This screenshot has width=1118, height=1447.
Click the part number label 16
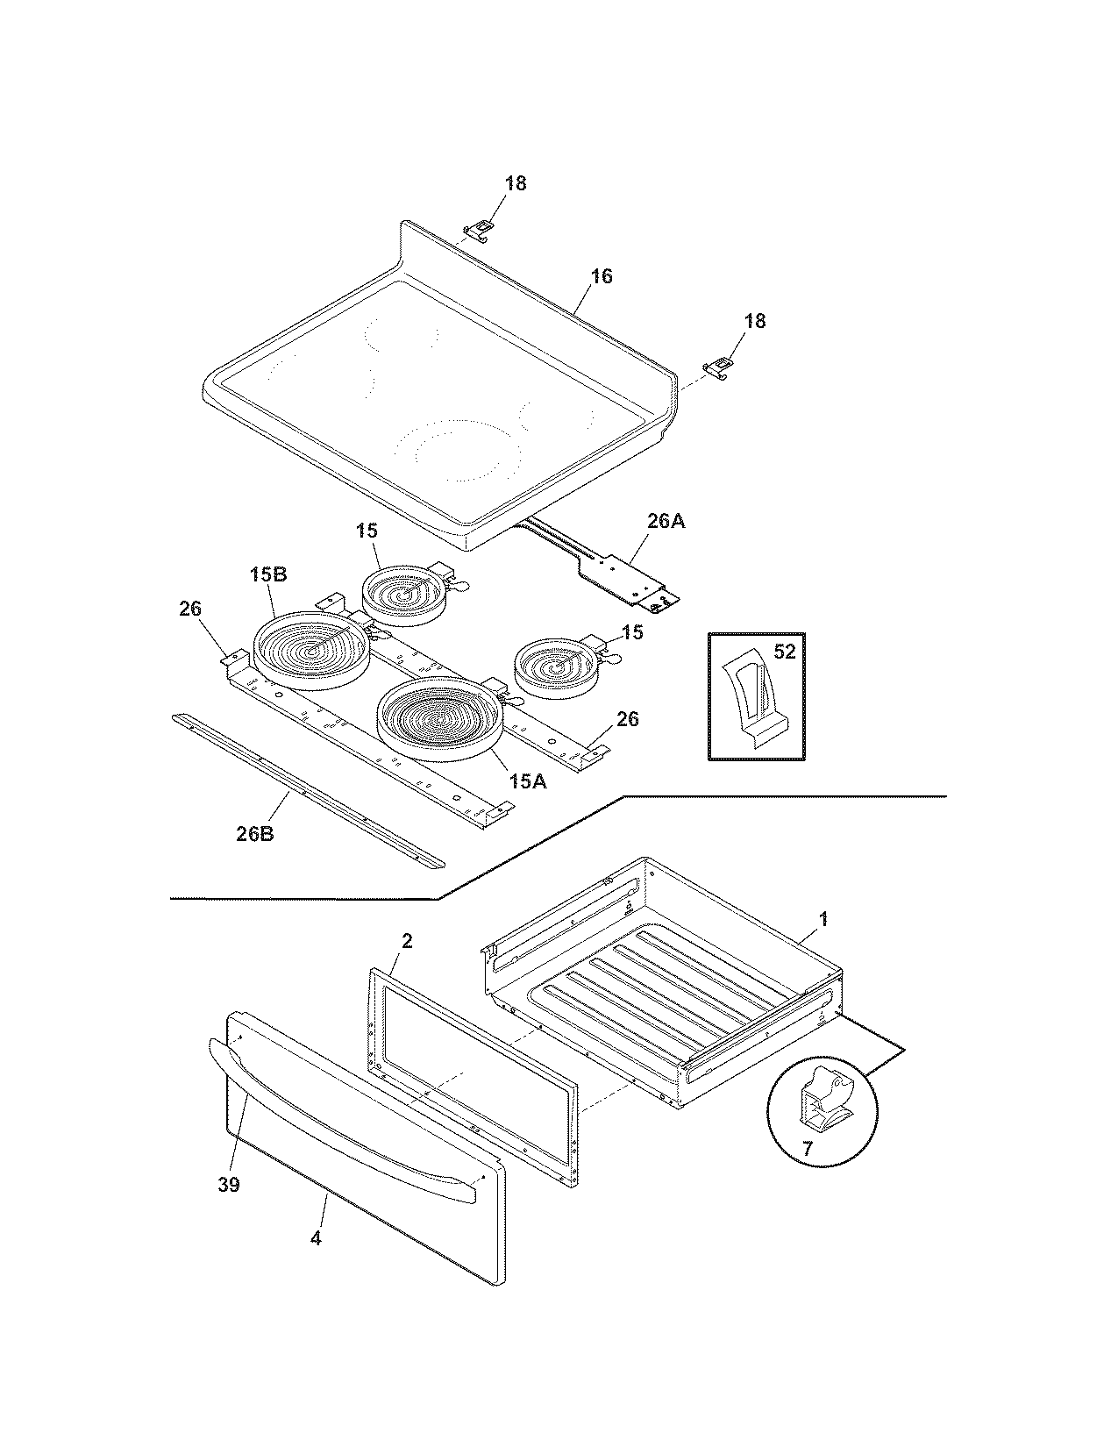pos(601,276)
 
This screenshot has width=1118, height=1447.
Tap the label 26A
pos(666,521)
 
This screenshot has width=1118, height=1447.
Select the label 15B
pos(267,575)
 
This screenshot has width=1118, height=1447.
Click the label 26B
pos(254,833)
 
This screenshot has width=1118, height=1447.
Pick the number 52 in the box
pos(784,652)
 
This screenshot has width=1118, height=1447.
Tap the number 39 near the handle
pos(228,1185)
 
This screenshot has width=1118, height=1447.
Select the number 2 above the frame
pos(406,941)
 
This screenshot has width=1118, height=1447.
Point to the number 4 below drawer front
pos(316,1239)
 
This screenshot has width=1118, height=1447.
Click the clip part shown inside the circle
pos(825,1097)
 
